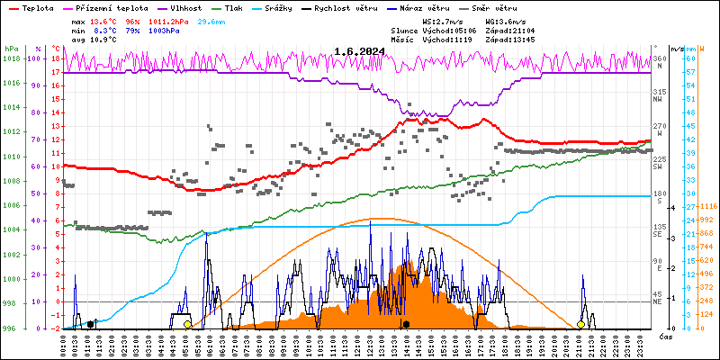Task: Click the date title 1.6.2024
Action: [x=359, y=51]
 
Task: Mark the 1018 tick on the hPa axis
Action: [x=11, y=58]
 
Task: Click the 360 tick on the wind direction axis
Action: [x=659, y=58]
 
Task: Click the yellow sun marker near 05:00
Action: [x=187, y=324]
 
